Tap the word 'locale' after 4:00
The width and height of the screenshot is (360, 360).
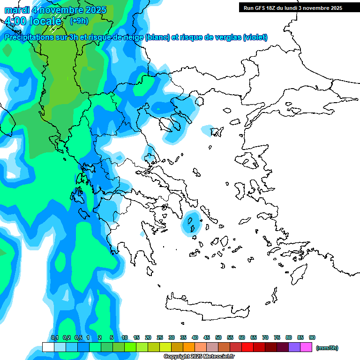45,21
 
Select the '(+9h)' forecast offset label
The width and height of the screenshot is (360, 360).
78,21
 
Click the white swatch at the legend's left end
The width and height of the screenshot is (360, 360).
48,347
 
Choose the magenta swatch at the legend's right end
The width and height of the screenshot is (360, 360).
306,347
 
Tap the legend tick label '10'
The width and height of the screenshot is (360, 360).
125,338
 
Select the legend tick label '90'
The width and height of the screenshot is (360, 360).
312,338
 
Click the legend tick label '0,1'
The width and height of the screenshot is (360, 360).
54,338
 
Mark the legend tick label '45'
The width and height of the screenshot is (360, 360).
207,338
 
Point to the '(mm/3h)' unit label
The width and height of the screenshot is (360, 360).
327,348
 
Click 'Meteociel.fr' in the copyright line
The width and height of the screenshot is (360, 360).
214,357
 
